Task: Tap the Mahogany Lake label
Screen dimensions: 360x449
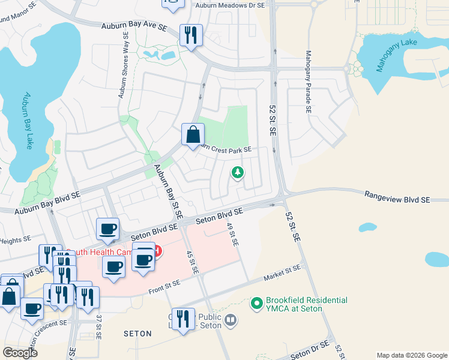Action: pos(396,56)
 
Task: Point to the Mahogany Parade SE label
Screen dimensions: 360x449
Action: pos(308,82)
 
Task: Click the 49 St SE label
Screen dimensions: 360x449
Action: pos(232,234)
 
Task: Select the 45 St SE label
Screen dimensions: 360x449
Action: pos(192,262)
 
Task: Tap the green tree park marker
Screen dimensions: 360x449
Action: pos(238,173)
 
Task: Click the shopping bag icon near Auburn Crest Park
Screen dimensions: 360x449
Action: pos(193,134)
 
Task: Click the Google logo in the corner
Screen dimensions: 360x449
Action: pos(20,353)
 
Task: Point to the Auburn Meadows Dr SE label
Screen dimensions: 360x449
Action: pos(231,5)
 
